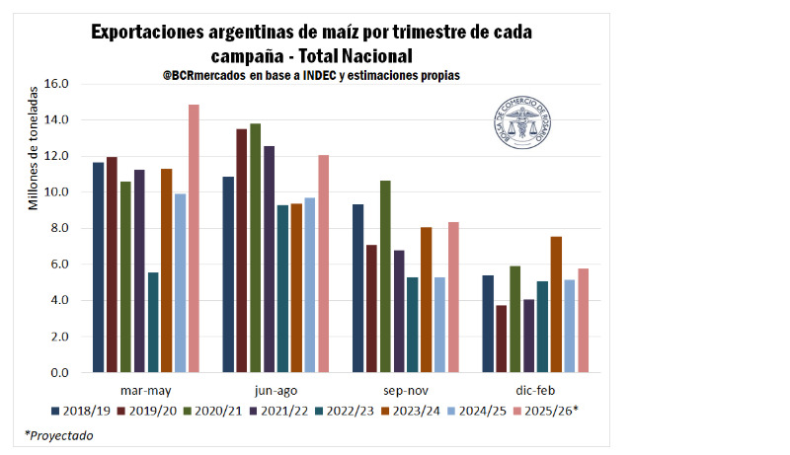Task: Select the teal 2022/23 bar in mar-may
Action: [x=153, y=323]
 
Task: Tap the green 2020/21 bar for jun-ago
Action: [x=256, y=248]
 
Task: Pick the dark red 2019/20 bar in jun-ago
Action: [x=242, y=251]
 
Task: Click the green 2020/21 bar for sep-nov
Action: [x=385, y=276]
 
